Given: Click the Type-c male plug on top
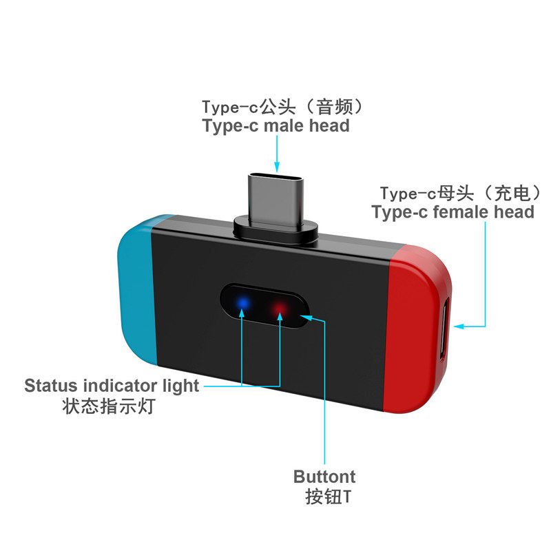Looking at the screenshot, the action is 276,197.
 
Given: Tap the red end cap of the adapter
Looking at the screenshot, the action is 420,324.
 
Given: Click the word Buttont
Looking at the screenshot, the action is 324,477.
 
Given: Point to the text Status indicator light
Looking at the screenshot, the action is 112,386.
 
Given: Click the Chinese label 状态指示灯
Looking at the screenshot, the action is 110,406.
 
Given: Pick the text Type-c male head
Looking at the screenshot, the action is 275,126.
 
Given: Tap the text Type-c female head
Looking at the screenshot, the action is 453,212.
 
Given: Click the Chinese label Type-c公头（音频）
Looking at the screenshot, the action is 282,107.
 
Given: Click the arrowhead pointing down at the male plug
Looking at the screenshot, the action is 277,167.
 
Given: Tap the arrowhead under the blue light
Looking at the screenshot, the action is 242,315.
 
